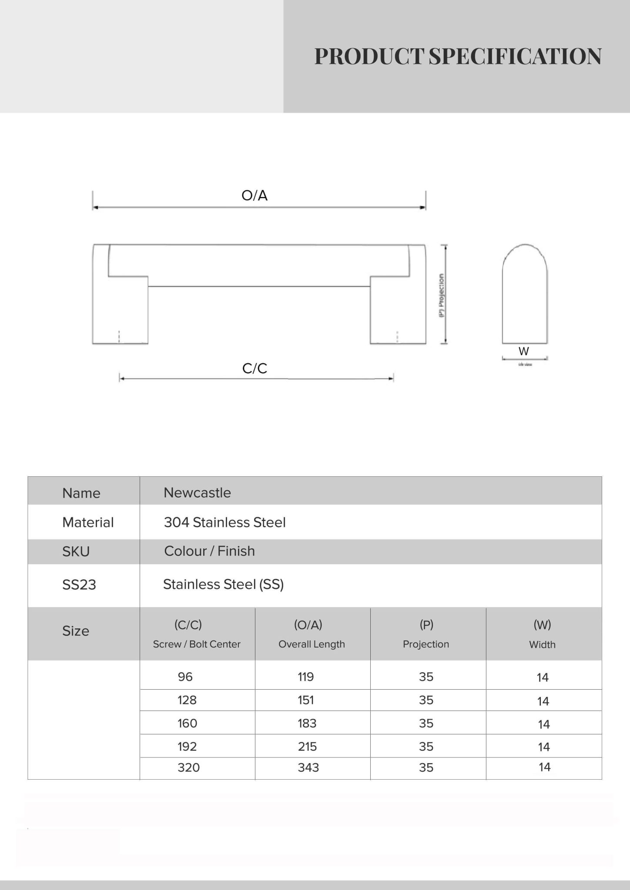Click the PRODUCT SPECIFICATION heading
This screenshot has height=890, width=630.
point(458,56)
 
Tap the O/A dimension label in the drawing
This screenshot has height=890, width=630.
point(255,196)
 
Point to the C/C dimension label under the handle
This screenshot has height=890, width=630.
point(255,369)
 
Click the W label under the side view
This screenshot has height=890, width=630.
point(524,351)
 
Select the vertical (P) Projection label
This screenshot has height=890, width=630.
point(442,295)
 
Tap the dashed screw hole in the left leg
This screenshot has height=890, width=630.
point(119,336)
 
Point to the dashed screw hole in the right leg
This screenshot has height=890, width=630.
point(397,336)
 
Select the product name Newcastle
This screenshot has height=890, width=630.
point(197,493)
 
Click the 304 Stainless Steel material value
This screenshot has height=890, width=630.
point(225,522)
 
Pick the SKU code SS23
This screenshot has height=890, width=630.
point(79,585)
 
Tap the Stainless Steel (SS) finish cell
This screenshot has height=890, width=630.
point(223,585)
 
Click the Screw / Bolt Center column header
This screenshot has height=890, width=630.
point(197,644)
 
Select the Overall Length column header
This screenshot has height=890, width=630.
point(312,644)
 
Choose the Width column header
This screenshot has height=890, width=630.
point(542,644)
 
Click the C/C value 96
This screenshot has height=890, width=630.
point(185,677)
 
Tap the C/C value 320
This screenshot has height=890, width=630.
point(188,767)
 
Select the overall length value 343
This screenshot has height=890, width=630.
point(308,767)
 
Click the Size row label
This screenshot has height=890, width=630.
point(76,631)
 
